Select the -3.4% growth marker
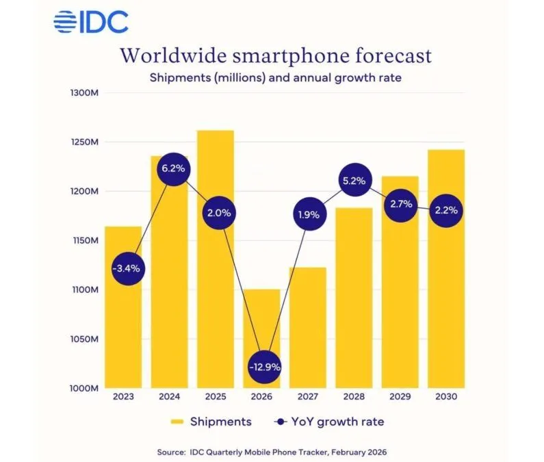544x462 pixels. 127,268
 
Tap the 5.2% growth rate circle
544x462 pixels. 354,181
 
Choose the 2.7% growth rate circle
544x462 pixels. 400,205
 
